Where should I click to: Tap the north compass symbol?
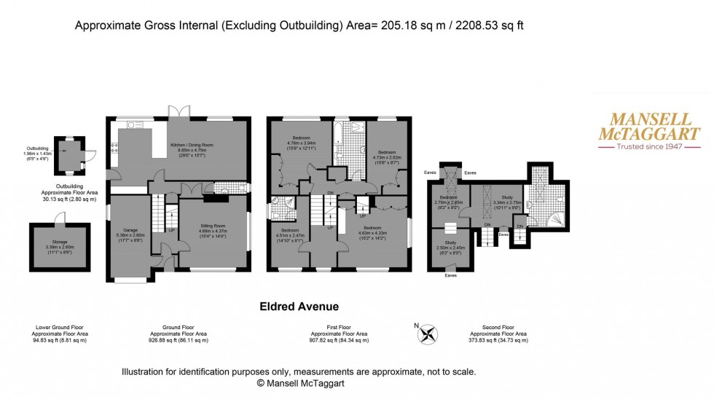(x=429, y=335)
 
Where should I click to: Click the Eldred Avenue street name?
(x=299, y=307)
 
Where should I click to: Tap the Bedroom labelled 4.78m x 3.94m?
(x=302, y=142)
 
